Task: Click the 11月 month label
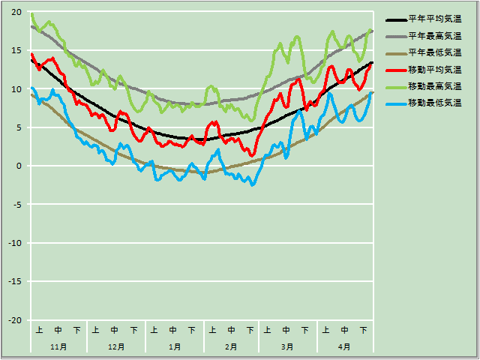[x=58, y=346]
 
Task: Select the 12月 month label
[x=116, y=346]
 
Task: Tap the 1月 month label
[x=174, y=346]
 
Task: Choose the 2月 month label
[x=230, y=346]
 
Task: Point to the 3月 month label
[x=287, y=346]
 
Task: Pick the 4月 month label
[x=344, y=346]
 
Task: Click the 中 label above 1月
[x=173, y=330]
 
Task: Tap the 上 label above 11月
[x=39, y=330]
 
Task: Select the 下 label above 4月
[x=363, y=330]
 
